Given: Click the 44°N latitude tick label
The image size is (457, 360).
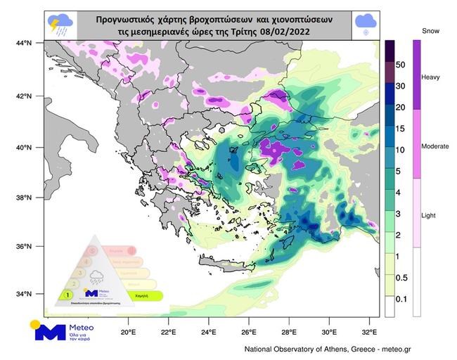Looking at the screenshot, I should [24, 44].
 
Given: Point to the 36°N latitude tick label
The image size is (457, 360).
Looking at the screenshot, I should [24, 246].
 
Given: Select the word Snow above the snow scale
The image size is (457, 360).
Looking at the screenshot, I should [430, 32].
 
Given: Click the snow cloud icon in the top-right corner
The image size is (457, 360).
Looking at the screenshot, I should [364, 25].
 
